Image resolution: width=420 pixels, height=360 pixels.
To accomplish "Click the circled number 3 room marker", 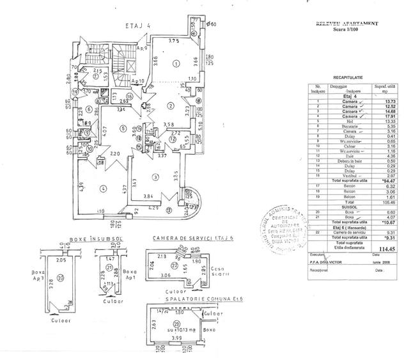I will (155, 177).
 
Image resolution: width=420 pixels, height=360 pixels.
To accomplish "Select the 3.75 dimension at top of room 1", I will (173, 40).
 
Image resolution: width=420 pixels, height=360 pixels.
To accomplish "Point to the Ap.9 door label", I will (142, 48).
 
